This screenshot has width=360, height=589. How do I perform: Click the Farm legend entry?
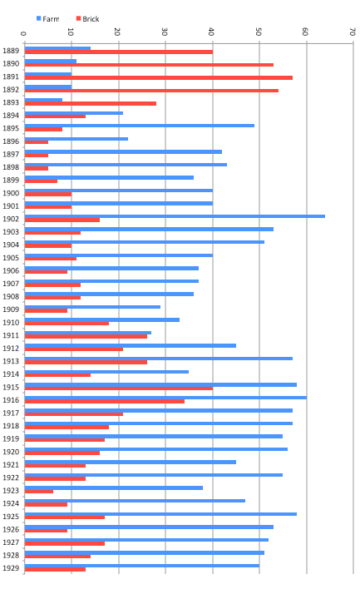point(47,19)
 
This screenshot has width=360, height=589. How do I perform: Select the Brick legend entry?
point(87,19)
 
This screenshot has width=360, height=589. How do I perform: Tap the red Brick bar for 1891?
point(159,77)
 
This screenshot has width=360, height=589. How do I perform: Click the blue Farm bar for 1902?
point(175,216)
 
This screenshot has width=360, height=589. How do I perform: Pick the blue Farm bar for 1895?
point(140,126)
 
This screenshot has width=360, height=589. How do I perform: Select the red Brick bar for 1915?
point(119,389)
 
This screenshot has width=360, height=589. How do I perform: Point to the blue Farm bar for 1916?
point(165,398)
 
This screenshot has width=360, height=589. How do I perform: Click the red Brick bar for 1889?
point(119,52)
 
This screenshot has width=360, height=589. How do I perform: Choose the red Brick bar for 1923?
point(39,492)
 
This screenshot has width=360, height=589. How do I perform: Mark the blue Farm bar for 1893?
point(43,100)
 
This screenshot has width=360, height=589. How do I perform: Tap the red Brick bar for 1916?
point(105,401)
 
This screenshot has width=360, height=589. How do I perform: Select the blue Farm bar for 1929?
point(142,566)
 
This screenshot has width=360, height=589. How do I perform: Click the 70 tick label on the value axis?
point(353,32)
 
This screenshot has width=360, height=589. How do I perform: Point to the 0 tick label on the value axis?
point(23,34)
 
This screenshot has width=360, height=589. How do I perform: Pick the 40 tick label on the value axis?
point(211,32)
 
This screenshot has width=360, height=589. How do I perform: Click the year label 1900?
point(11,193)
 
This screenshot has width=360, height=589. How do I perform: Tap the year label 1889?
point(11,51)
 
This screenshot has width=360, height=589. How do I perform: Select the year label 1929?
point(11,568)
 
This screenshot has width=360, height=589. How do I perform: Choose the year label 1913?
point(11,361)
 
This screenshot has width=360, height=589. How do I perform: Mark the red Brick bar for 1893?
point(91,103)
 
